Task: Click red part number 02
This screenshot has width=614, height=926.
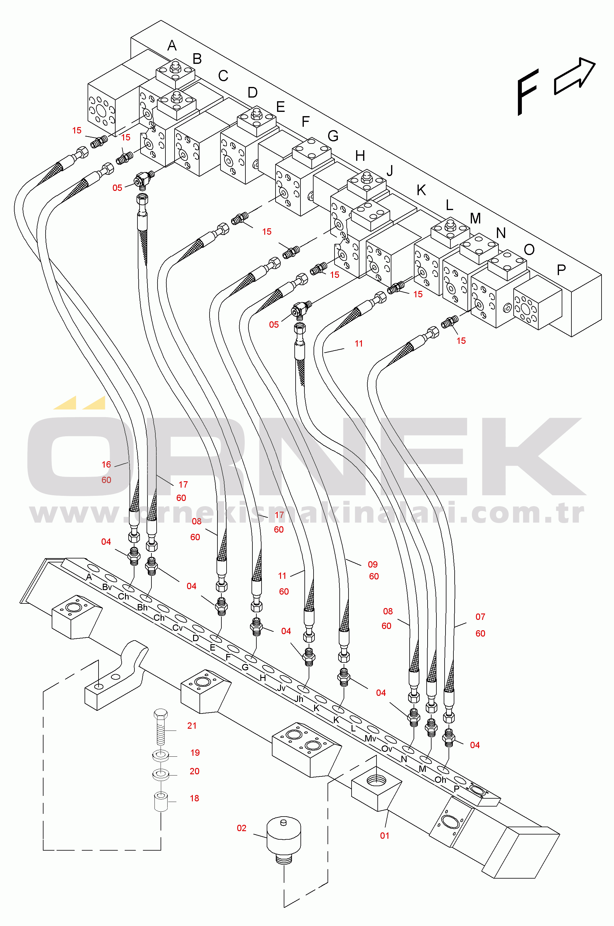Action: (241, 828)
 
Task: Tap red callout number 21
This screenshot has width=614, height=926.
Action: (192, 726)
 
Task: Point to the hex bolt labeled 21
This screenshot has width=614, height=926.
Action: (161, 727)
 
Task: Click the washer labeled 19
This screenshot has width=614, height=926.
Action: (161, 755)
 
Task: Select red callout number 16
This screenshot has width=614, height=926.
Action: (106, 465)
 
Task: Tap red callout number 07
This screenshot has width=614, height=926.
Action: (480, 617)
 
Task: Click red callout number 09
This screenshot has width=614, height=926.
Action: (373, 564)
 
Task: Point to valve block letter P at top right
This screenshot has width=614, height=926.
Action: (561, 269)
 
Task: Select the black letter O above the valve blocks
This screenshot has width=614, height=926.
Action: (529, 249)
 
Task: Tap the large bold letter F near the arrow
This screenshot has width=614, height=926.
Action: (527, 92)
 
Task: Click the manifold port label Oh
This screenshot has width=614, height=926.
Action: (441, 780)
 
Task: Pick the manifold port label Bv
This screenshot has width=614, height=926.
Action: (107, 587)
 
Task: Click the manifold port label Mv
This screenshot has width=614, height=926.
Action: (370, 738)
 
